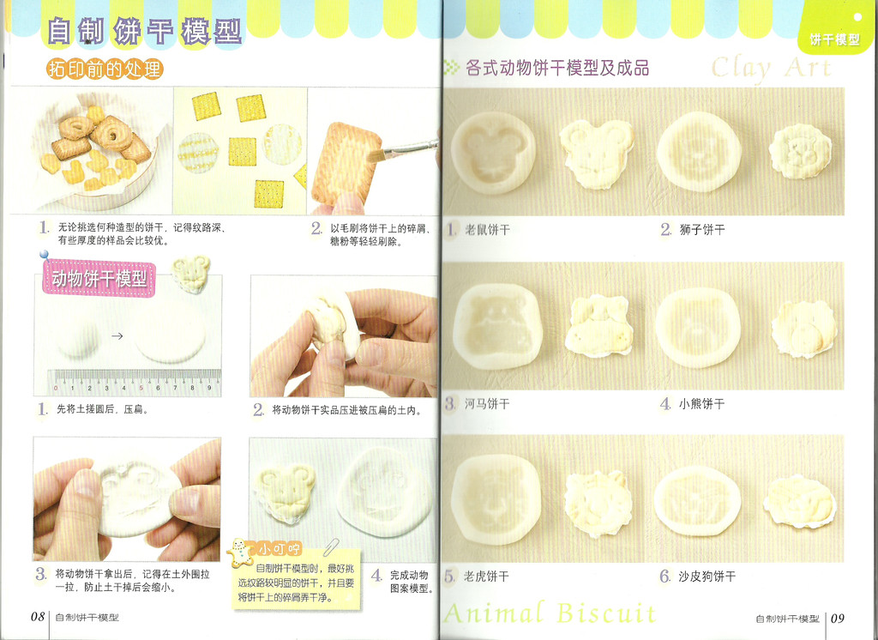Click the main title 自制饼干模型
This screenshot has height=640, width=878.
click(144, 31)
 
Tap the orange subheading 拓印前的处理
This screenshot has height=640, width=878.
click(105, 69)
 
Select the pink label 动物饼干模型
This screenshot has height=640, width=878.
click(99, 278)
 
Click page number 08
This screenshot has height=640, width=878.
click(38, 617)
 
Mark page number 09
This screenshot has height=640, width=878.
click(838, 619)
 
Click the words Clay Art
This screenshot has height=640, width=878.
click(771, 69)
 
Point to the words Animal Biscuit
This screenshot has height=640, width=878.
click(550, 613)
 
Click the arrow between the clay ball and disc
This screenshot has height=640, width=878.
click(117, 336)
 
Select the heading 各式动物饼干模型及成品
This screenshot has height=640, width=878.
click(557, 69)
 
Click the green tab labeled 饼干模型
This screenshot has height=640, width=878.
click(834, 39)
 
